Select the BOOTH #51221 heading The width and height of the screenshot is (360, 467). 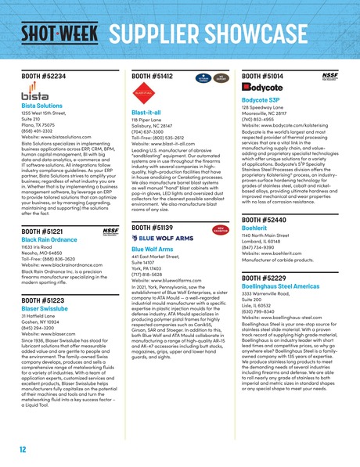42,210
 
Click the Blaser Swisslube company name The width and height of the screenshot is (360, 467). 46,289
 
